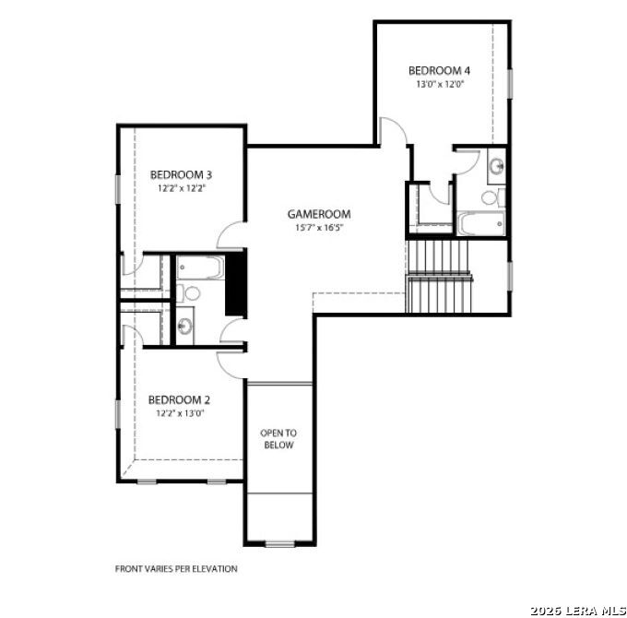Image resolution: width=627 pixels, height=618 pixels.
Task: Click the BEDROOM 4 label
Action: tap(439, 70)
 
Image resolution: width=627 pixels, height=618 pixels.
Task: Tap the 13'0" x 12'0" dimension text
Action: tap(440, 85)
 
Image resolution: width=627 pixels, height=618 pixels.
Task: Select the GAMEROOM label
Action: tap(319, 214)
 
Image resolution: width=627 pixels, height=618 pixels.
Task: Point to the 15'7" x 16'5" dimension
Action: tap(320, 228)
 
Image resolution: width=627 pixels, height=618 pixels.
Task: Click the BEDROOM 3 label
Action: tap(181, 175)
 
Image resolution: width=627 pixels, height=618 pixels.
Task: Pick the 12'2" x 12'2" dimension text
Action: tap(182, 188)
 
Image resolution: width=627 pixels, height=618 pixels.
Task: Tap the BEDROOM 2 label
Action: tap(179, 399)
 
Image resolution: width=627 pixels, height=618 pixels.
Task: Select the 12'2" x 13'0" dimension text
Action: tap(180, 413)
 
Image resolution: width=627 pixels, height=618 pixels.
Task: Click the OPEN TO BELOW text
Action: tap(278, 439)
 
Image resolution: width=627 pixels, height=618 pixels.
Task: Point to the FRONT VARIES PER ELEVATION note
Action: tap(176, 568)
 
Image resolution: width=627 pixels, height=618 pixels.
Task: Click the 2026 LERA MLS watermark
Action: tap(578, 611)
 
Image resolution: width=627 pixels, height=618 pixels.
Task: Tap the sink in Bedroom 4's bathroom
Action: tap(497, 166)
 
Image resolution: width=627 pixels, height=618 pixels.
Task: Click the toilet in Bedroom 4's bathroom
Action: tap(493, 197)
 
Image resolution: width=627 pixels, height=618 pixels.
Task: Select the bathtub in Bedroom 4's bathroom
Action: tap(481, 223)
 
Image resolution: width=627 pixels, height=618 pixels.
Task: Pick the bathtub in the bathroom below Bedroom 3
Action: tap(200, 267)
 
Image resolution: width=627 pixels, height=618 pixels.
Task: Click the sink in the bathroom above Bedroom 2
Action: tap(184, 326)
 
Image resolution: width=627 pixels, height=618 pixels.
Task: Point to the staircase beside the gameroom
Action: tap(439, 277)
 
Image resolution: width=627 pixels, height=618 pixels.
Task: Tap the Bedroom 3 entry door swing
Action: tap(231, 235)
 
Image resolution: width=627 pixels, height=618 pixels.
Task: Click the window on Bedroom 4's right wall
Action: tap(510, 83)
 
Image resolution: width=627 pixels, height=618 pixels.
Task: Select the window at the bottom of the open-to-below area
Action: tap(280, 544)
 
